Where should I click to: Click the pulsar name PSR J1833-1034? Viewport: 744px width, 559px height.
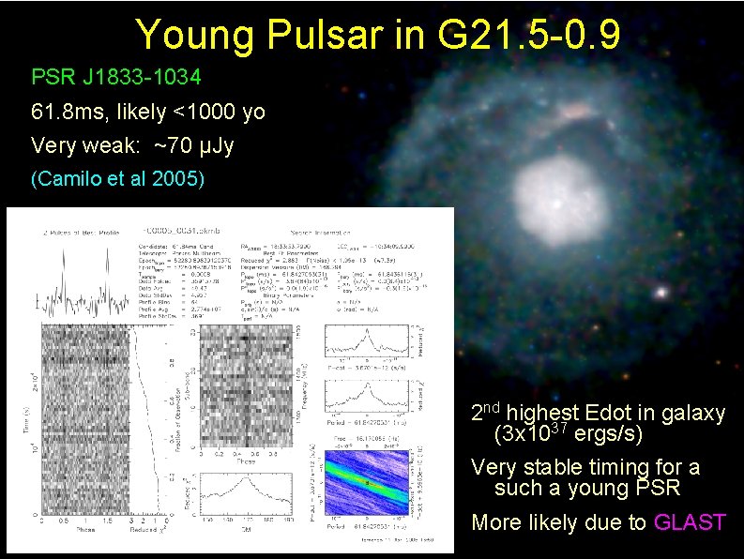tap(116, 76)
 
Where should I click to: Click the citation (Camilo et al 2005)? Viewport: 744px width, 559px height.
tap(117, 177)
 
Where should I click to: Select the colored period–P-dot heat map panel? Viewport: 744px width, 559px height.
tap(367, 480)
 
